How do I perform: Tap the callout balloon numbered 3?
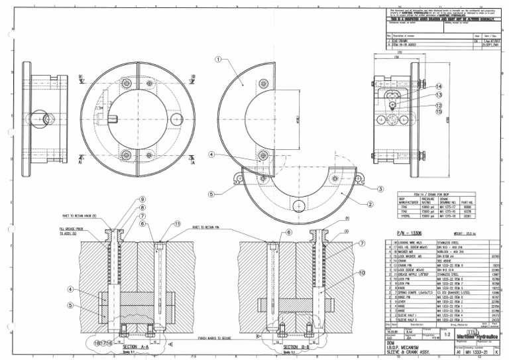(x=380, y=189)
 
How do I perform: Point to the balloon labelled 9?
(x=142, y=200)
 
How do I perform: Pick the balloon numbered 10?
(x=362, y=272)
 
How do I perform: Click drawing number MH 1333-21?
(x=479, y=354)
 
